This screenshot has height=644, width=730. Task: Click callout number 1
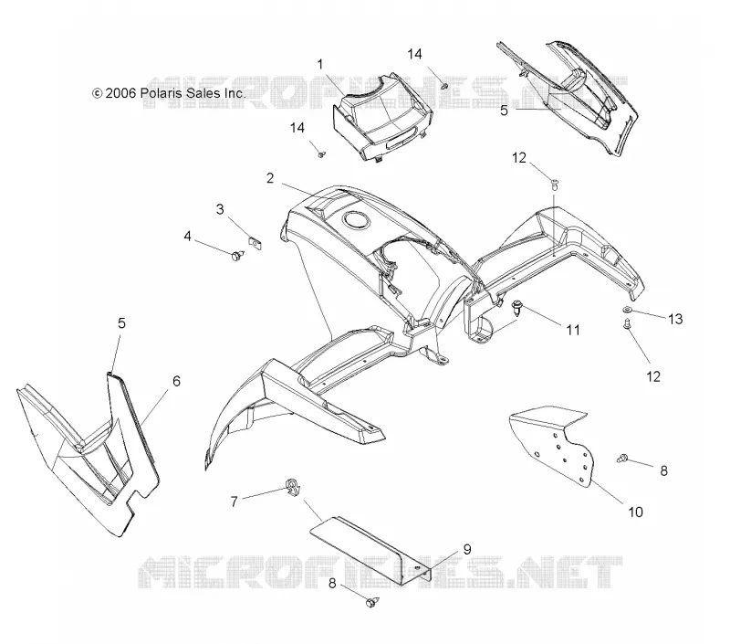click(x=320, y=64)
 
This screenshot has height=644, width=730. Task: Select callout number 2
click(x=270, y=178)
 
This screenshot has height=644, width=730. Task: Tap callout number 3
click(x=220, y=209)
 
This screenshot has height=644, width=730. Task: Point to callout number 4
click(x=187, y=237)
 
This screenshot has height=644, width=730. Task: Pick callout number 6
click(x=176, y=381)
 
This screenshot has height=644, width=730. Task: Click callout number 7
click(x=235, y=501)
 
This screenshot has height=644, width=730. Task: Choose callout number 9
click(x=467, y=550)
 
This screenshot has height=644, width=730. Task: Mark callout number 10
click(x=635, y=512)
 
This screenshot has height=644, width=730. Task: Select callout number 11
click(x=573, y=330)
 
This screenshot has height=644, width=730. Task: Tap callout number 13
click(x=675, y=319)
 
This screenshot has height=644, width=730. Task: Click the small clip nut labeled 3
click(x=255, y=242)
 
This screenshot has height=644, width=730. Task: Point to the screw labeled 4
click(x=238, y=255)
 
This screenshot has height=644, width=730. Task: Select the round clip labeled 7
click(x=293, y=487)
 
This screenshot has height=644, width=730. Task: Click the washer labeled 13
click(x=627, y=310)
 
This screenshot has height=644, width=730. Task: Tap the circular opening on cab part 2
click(x=356, y=219)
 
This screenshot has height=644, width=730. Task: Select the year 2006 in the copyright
click(x=120, y=93)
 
